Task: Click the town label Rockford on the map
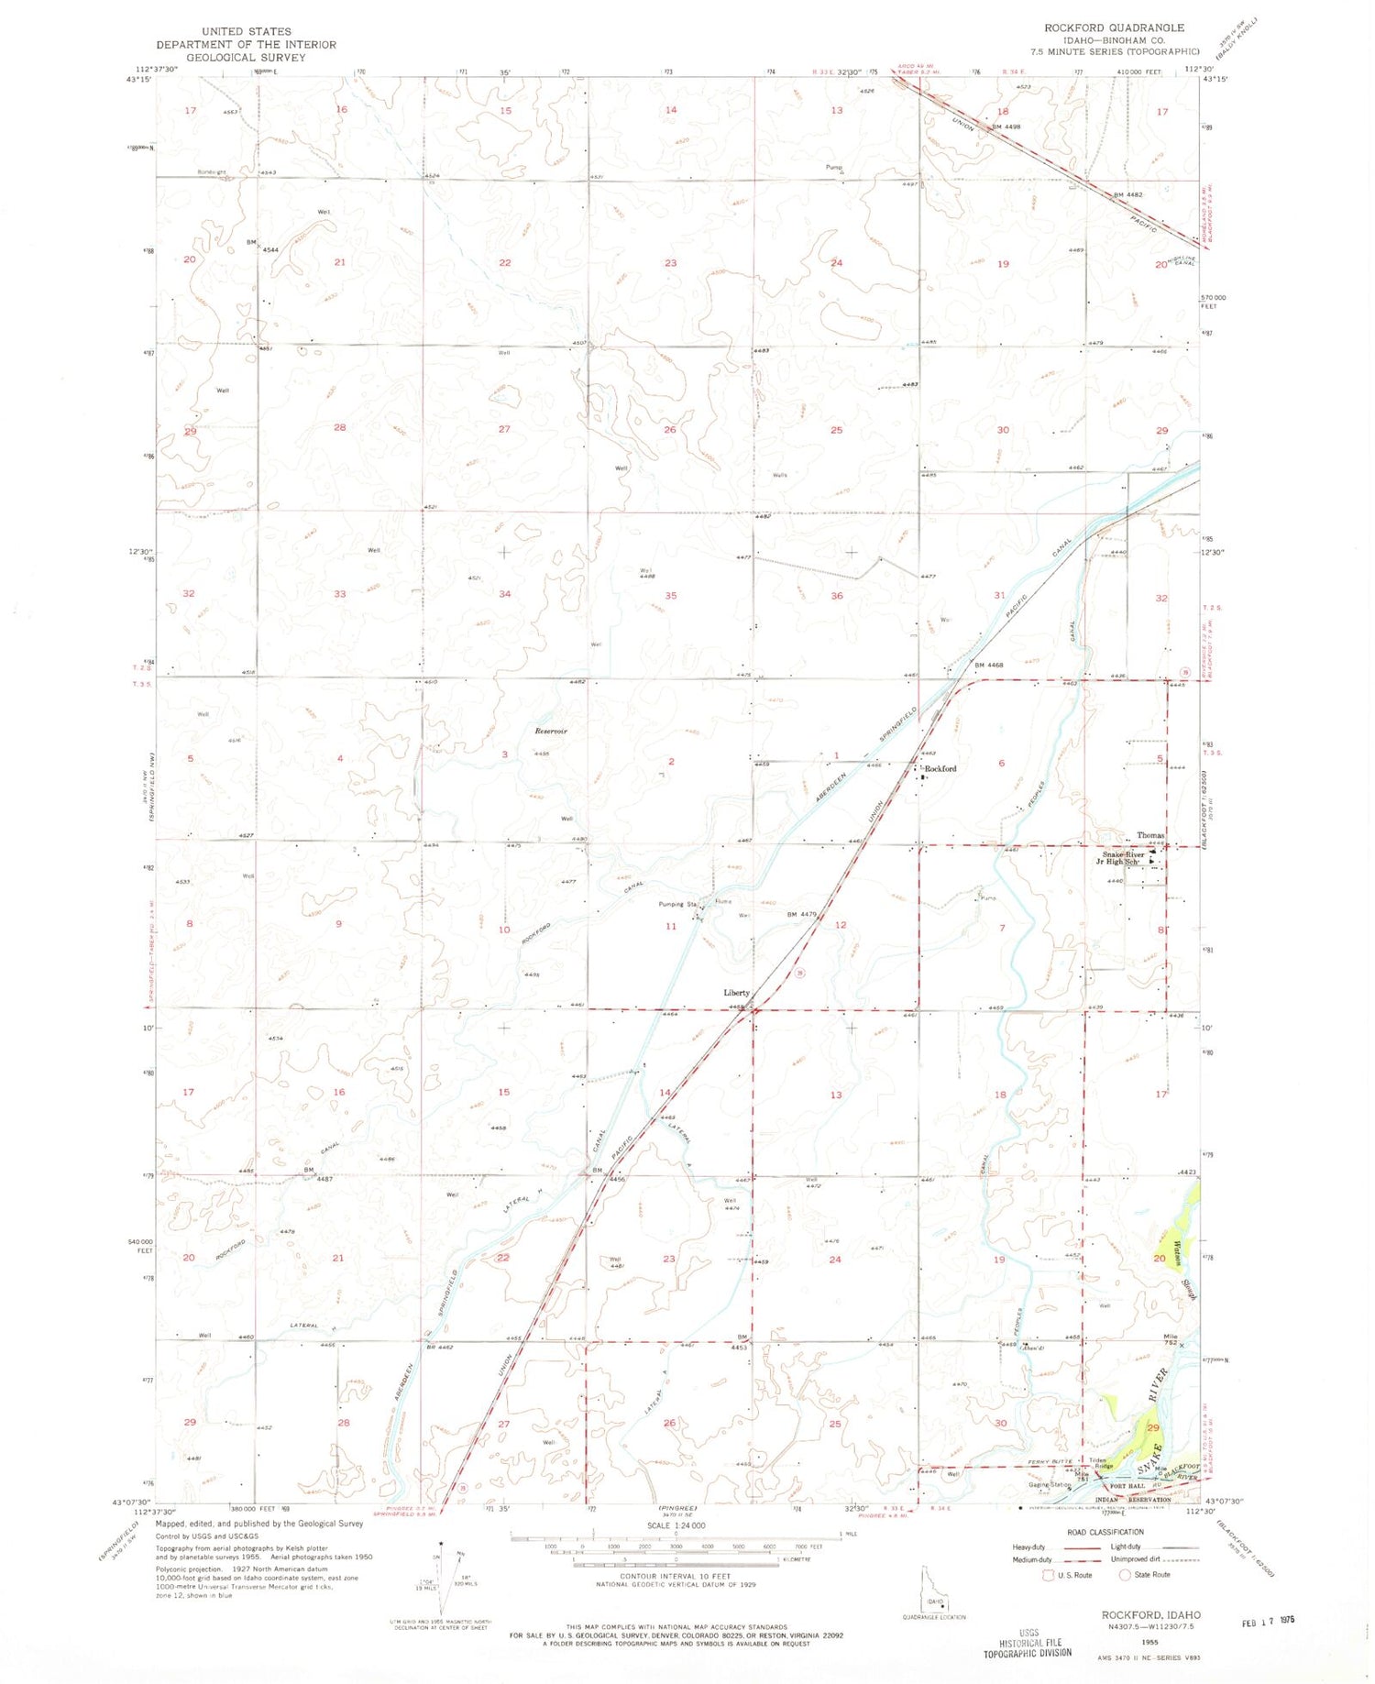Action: [940, 768]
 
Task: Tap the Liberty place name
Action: [736, 993]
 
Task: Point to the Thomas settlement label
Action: [1150, 835]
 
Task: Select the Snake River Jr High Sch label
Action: [1121, 858]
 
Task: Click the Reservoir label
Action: [551, 731]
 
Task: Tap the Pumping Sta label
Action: [678, 905]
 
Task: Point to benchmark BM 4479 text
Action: [800, 914]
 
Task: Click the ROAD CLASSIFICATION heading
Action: [1106, 1532]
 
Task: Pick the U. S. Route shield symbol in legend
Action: [1049, 1575]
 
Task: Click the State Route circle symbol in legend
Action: [1125, 1575]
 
